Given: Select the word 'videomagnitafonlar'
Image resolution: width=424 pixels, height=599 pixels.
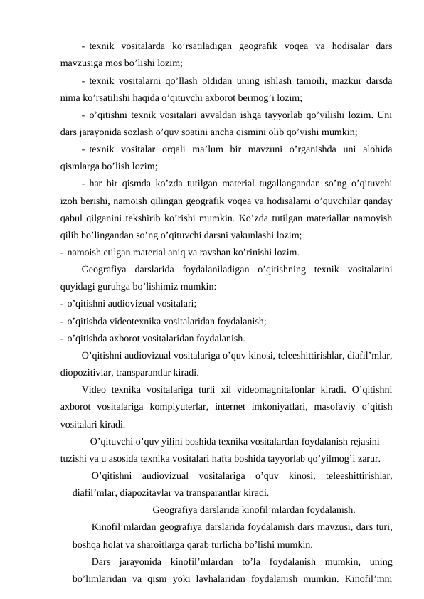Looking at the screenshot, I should pos(269,390).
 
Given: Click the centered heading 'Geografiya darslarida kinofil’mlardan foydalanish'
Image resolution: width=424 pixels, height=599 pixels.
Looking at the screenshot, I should pos(253,509).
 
